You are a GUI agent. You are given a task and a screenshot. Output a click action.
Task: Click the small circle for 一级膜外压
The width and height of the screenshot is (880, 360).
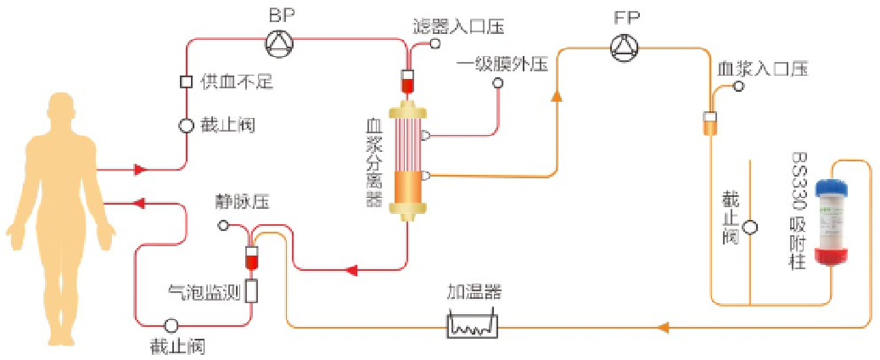[x=498, y=82]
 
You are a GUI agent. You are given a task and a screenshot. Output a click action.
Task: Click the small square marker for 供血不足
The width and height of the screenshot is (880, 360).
[x=187, y=82]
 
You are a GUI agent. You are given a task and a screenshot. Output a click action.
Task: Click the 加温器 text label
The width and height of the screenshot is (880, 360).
[x=474, y=293]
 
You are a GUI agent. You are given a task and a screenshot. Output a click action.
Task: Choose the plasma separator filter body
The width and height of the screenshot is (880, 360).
[x=406, y=160]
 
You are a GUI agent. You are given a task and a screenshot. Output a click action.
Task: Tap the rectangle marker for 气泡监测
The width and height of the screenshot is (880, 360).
[x=251, y=291]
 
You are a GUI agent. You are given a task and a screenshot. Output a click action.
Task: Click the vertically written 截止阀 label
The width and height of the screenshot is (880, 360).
[x=730, y=217]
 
